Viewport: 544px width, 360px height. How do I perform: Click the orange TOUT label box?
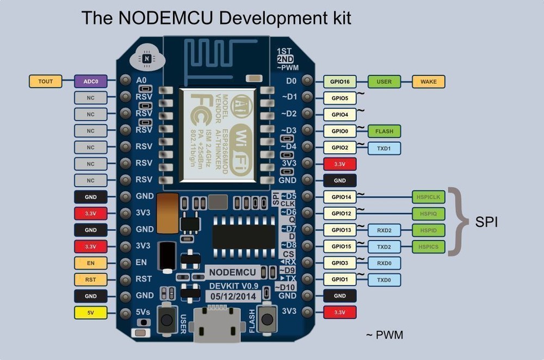(46, 82)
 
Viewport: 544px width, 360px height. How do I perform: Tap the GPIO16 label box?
(340, 82)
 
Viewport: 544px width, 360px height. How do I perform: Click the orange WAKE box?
(429, 82)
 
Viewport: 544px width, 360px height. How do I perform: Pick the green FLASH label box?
(384, 131)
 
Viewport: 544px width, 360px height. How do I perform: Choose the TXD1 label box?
(384, 148)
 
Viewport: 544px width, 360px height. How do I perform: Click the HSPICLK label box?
(429, 197)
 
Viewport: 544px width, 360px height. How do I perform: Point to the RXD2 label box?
(384, 230)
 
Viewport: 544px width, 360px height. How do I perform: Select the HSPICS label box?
(429, 247)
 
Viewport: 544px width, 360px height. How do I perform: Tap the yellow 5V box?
(90, 313)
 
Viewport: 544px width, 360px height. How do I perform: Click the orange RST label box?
(90, 280)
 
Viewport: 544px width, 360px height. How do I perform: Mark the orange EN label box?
(90, 263)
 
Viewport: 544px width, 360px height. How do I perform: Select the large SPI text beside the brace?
(487, 222)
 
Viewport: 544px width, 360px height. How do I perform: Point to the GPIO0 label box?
(340, 131)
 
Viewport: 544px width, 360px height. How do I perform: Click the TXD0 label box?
(384, 280)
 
